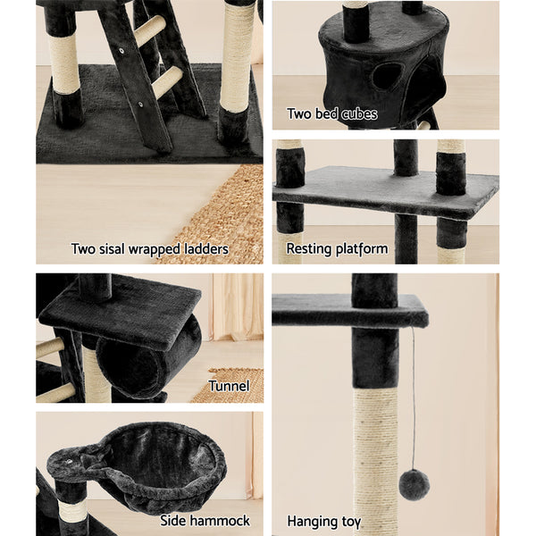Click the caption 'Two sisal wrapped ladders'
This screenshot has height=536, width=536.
coord(149,249)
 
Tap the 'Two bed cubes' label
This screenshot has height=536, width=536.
coord(331,113)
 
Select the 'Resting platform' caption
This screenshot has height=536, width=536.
coord(337,249)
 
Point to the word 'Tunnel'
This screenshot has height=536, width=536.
coord(229,386)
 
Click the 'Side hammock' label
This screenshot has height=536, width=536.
coord(205,520)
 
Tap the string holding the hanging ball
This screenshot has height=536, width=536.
coord(413,393)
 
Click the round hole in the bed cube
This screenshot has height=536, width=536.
coord(387,75)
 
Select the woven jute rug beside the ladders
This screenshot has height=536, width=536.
coord(223,214)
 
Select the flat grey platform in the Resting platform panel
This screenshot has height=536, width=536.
coord(384,190)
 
